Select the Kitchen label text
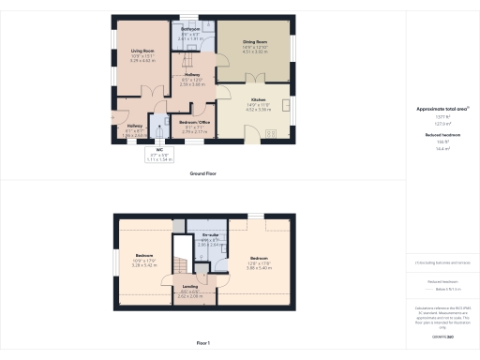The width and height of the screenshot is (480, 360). tap(258, 99)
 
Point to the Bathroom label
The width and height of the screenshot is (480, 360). tap(191, 30)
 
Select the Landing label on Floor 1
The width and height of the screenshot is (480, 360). tap(189, 288)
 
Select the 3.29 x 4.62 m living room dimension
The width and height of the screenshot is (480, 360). tap(142, 60)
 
